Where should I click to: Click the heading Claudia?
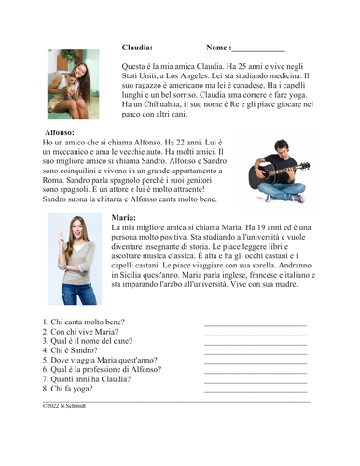pos(137,47)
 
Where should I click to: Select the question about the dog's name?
pos(89,342)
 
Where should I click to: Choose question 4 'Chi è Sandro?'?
pos(72,351)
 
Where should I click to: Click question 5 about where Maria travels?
pos(100,362)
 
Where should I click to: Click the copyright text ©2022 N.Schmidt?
pos(63,406)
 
